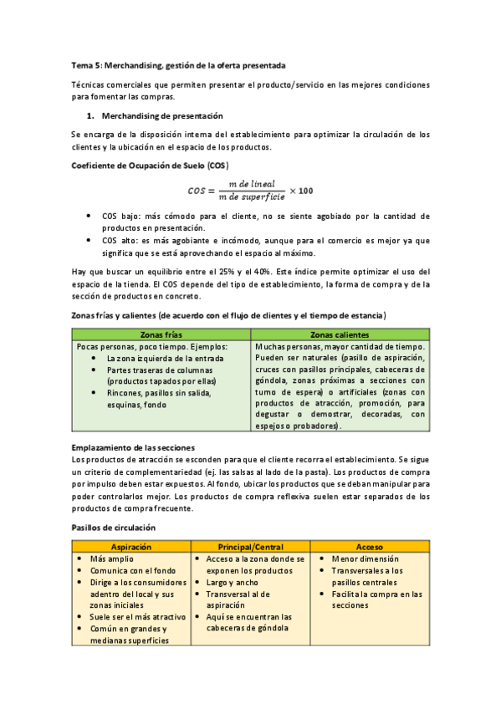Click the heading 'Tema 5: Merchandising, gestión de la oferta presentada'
[178, 64]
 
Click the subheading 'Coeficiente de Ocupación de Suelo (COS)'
[150, 165]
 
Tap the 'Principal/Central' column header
[251, 546]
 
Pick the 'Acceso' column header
[370, 546]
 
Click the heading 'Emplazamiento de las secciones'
[134, 447]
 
